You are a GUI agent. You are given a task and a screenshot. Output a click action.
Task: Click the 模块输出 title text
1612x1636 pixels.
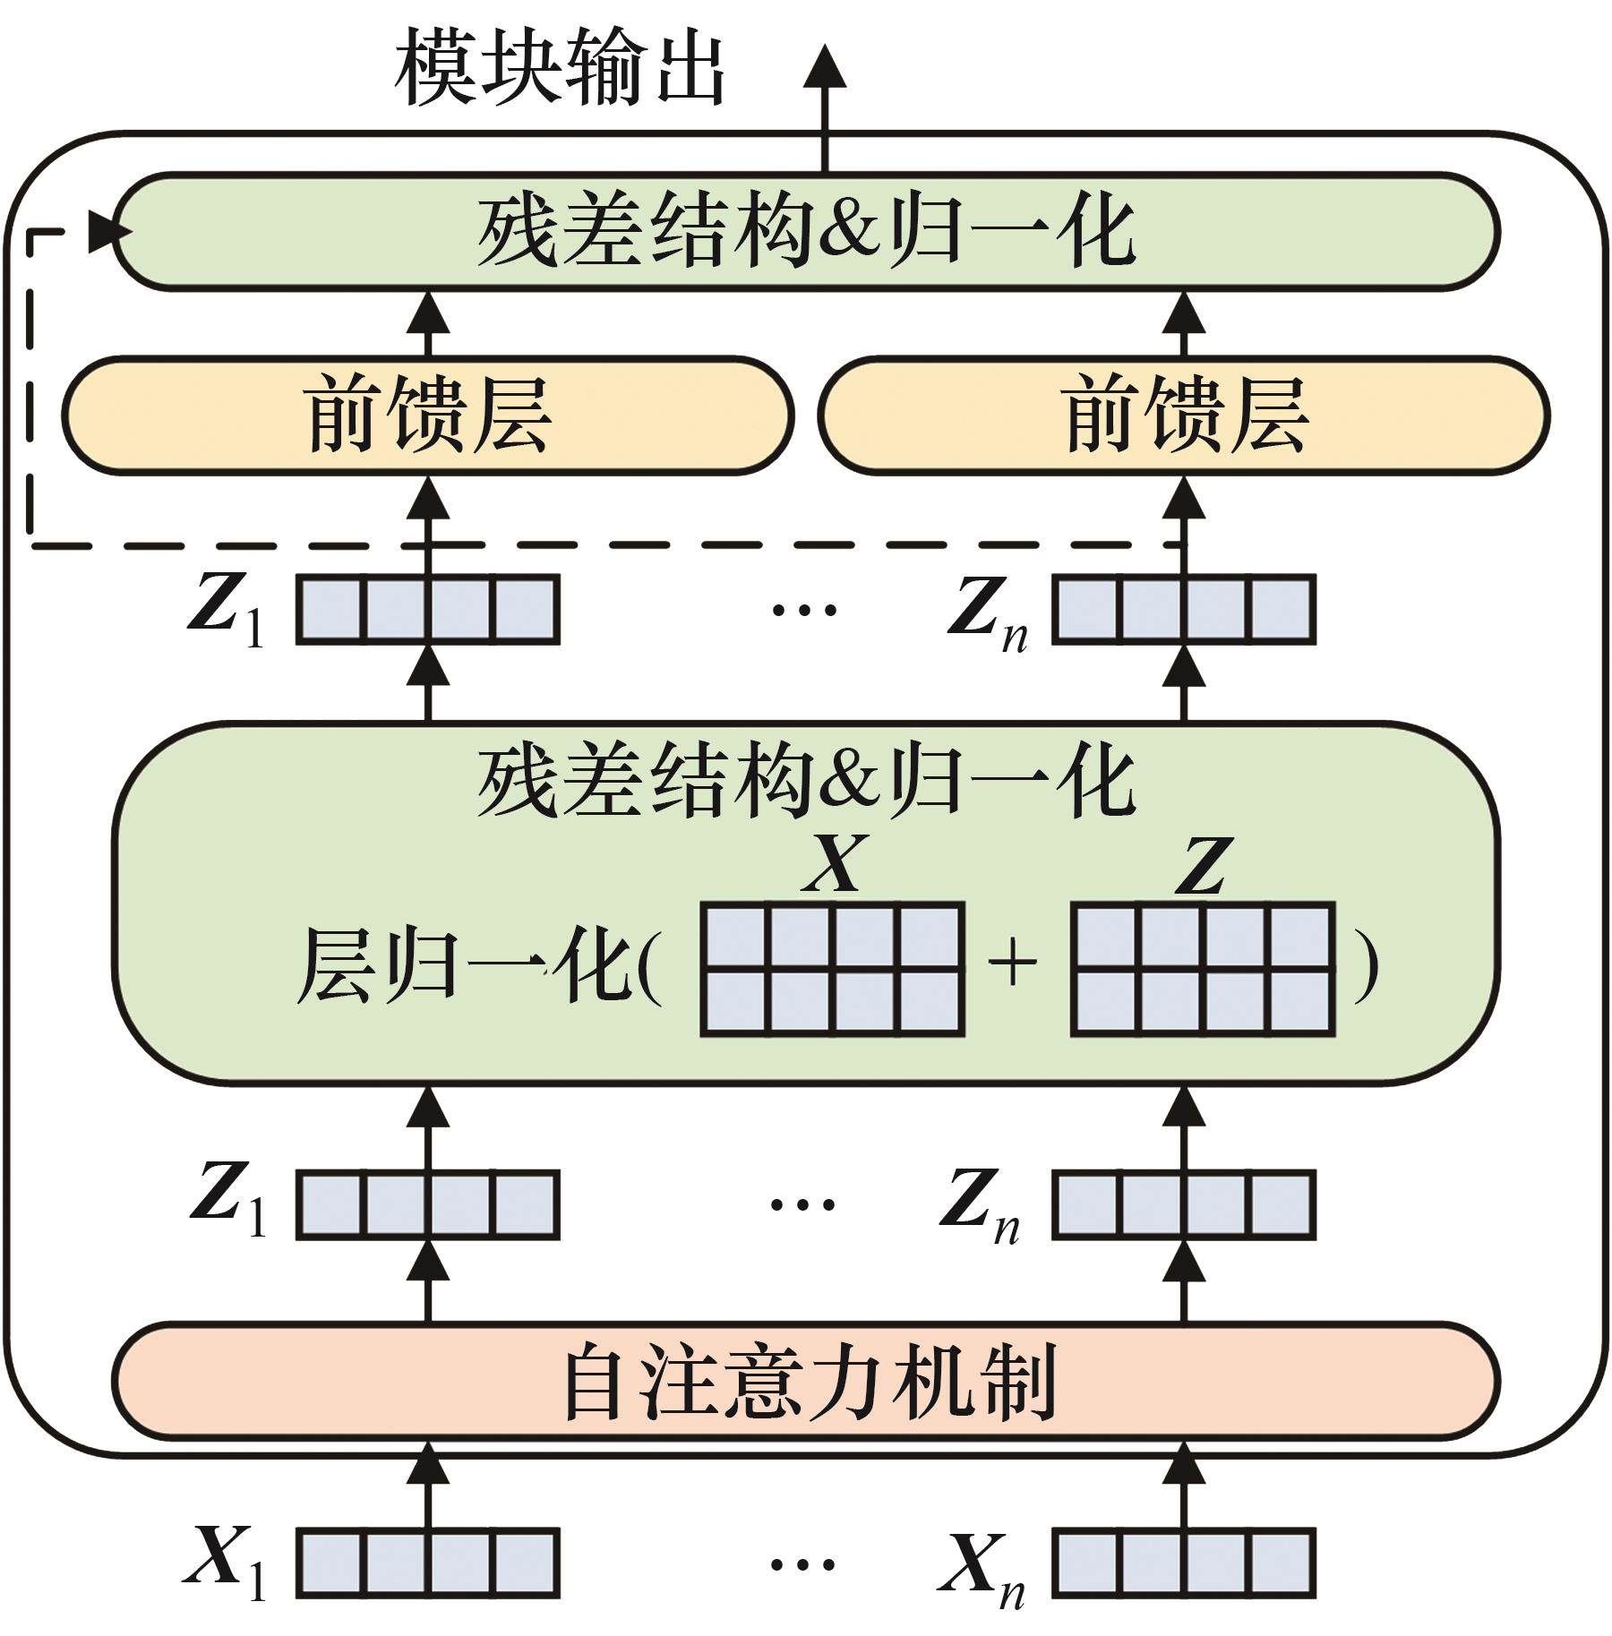coord(560,67)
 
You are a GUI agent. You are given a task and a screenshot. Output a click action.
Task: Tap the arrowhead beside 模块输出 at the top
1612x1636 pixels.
coord(825,67)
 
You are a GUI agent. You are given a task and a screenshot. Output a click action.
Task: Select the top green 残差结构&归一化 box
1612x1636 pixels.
coord(806,231)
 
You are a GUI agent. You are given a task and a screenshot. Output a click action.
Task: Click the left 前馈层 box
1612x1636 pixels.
coord(427,415)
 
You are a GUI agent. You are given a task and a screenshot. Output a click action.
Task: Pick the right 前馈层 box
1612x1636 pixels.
coord(1184,415)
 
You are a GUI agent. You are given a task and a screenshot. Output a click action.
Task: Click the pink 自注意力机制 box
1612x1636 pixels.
coord(806,1380)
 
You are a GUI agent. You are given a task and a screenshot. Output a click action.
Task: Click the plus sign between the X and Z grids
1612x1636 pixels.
coord(1012,965)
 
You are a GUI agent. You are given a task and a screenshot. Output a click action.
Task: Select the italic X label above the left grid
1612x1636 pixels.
coord(835,864)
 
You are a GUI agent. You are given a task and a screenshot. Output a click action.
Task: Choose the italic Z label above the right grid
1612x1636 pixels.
coord(1203,864)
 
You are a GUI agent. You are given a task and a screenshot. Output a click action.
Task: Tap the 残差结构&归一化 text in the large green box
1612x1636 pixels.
coord(806,781)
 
